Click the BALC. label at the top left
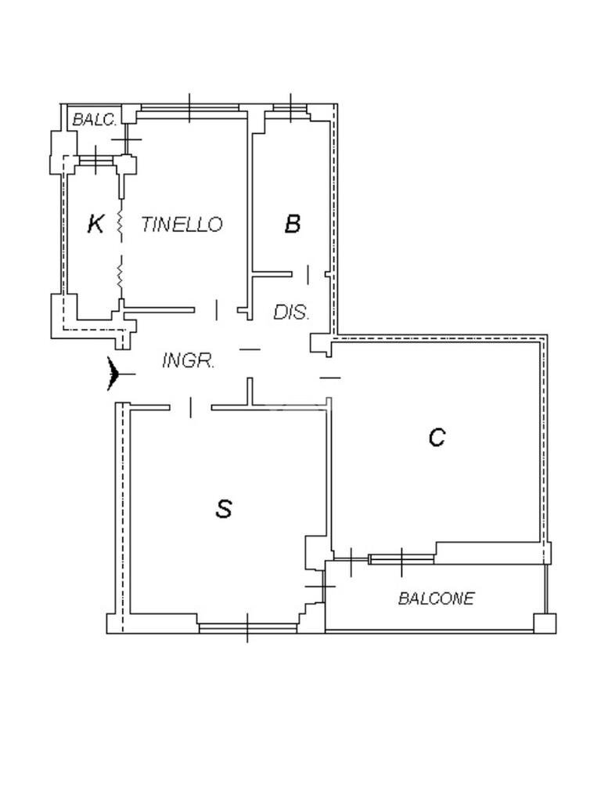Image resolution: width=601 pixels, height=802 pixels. click(95, 120)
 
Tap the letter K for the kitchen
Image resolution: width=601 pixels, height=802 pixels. click(95, 224)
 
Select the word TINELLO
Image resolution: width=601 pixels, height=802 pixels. click(182, 225)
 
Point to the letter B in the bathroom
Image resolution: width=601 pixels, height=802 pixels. click(292, 224)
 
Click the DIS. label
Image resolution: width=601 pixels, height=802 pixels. click(291, 312)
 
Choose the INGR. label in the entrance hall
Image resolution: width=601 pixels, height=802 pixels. click(189, 361)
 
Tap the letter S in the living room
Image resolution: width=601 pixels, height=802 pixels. click(224, 509)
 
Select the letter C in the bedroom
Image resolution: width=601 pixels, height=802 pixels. click(437, 437)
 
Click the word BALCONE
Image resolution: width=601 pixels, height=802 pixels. click(436, 599)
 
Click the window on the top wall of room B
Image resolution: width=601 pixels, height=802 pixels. click(290, 107)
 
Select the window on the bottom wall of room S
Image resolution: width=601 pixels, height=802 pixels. click(247, 627)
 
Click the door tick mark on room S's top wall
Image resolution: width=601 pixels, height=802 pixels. click(190, 406)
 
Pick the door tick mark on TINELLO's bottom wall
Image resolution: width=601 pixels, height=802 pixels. click(217, 310)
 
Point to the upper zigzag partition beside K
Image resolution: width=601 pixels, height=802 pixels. click(121, 224)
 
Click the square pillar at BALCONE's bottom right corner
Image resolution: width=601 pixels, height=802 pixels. click(545, 623)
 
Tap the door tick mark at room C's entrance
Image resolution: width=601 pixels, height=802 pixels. click(331, 378)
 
